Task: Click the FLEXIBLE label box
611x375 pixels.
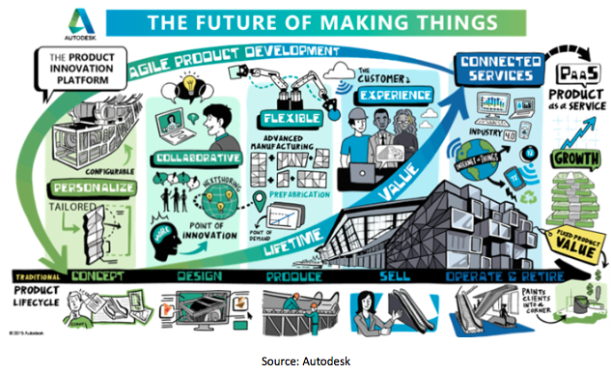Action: point(281,121)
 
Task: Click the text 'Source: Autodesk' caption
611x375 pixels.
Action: point(305,361)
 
